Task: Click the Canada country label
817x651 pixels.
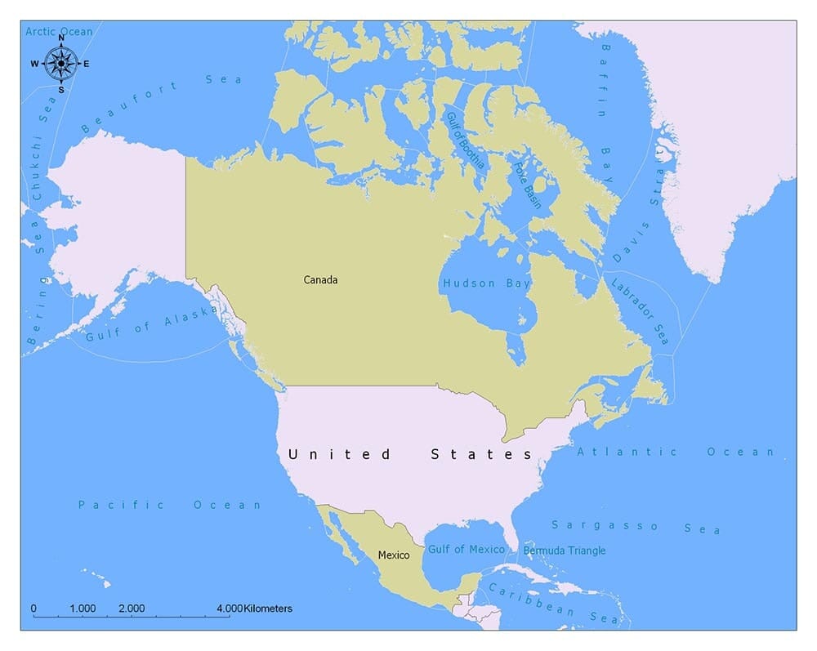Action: [x=320, y=280]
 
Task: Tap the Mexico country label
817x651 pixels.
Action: [x=393, y=555]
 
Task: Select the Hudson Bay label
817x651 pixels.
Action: [x=486, y=283]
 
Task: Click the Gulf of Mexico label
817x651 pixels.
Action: [x=467, y=550]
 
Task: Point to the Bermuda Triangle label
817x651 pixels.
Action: [x=565, y=551]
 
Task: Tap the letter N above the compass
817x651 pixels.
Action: [x=61, y=38]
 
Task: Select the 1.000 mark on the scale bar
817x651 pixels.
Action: [x=83, y=609]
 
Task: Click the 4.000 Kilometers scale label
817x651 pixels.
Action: [x=254, y=609]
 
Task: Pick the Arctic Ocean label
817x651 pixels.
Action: [x=59, y=32]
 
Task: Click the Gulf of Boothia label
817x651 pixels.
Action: [x=464, y=140]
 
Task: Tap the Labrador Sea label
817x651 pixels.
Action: [x=640, y=310]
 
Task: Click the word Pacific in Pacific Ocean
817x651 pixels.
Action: [x=121, y=505]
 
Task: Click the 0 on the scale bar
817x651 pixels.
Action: [x=33, y=609]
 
